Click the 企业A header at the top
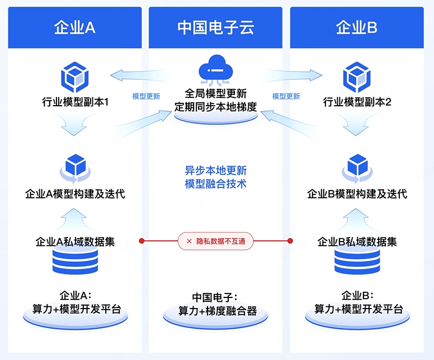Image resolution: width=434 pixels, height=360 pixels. tap(75, 27)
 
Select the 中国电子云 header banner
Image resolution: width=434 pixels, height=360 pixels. tap(216, 27)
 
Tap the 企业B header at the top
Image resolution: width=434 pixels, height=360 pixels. tap(357, 27)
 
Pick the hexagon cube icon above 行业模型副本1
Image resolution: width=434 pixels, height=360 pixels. tap(75, 77)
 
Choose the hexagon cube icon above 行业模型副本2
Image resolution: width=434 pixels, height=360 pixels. tap(357, 77)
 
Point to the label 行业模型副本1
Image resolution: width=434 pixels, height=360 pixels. tap(75, 102)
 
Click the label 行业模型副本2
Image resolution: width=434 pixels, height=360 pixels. tap(357, 102)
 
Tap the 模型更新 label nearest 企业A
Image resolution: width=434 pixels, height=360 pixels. tap(146, 96)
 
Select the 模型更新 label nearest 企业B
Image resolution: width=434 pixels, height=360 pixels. tap(286, 96)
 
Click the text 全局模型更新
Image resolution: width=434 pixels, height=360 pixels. tap(216, 93)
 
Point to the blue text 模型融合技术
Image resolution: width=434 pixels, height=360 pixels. tap(216, 183)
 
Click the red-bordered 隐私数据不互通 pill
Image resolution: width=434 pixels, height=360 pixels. tap(216, 241)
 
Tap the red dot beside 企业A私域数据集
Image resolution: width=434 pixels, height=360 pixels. tap(141, 241)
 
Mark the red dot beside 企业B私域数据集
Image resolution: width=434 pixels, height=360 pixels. tap(290, 241)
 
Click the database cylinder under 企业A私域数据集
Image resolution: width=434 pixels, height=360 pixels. tap(75, 262)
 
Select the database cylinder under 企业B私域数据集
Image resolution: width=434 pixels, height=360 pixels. tap(357, 262)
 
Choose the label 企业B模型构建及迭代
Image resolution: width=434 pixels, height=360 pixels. tap(357, 193)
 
